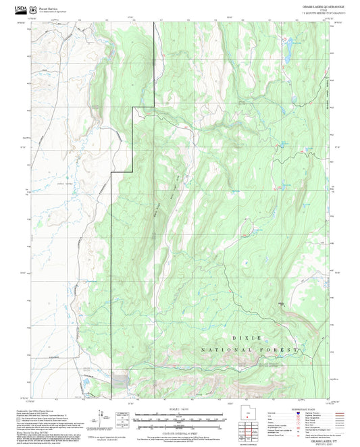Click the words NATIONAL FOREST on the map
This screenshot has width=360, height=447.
[x=250, y=350]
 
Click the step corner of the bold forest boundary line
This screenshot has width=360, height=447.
[x=134, y=107]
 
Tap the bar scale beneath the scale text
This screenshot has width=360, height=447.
[x=180, y=419]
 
